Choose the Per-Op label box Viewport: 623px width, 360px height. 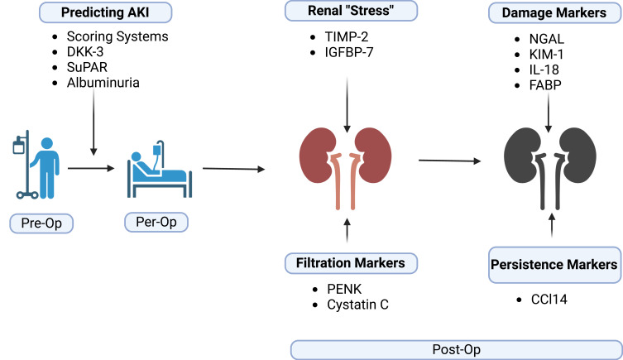[x=156, y=223]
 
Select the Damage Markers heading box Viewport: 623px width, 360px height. [x=547, y=14]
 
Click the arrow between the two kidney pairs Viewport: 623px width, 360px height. [x=449, y=160]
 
